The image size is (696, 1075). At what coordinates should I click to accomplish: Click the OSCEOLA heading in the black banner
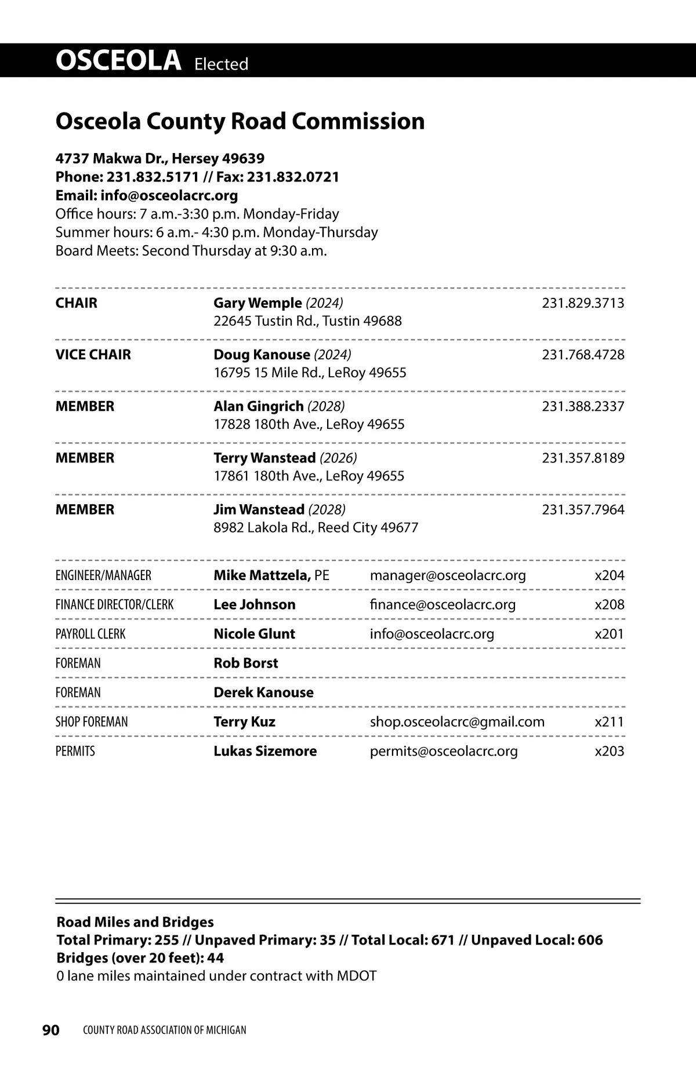coord(118,61)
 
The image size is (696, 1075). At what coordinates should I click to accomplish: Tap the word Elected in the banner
coord(221,64)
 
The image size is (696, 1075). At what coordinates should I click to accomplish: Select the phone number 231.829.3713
coord(583,303)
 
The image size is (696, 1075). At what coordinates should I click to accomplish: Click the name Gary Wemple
coord(258,303)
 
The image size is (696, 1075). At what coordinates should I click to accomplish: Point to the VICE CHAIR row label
coord(93,355)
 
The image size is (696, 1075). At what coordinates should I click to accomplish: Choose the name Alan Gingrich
coord(259,406)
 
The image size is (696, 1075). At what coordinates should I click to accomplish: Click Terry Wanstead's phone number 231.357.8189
coord(583,458)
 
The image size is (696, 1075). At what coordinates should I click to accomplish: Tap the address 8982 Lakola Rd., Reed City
coord(316,528)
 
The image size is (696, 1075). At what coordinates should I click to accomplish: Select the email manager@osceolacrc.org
coord(448,575)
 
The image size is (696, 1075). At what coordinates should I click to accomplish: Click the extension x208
coord(610,604)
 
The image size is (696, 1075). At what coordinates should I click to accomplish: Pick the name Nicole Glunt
coord(254,634)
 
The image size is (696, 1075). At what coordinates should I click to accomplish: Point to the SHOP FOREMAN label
coord(92,721)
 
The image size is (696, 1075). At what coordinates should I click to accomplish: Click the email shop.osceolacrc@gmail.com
coord(457,721)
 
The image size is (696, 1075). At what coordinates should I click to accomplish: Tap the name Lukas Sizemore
coord(265,751)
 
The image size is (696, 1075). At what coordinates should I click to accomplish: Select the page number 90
coord(51,1030)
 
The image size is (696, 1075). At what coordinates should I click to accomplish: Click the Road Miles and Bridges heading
coord(135,922)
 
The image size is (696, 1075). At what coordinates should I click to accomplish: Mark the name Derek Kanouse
coord(263,693)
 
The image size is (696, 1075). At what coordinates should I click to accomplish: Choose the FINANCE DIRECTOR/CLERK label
coord(114,604)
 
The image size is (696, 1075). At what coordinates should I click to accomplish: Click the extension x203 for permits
coord(610,751)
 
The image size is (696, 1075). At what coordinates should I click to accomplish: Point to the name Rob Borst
coord(246,663)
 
